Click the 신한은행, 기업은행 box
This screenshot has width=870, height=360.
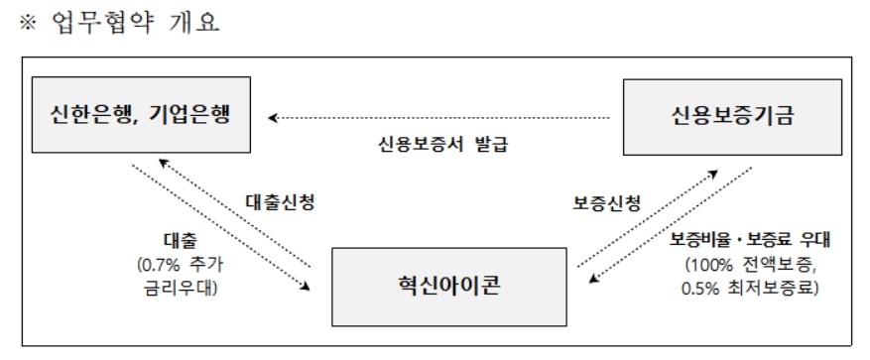[140, 116]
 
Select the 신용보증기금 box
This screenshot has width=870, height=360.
[732, 117]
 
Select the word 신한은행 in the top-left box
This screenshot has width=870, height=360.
[91, 114]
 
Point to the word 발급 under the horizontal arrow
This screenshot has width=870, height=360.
[490, 141]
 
